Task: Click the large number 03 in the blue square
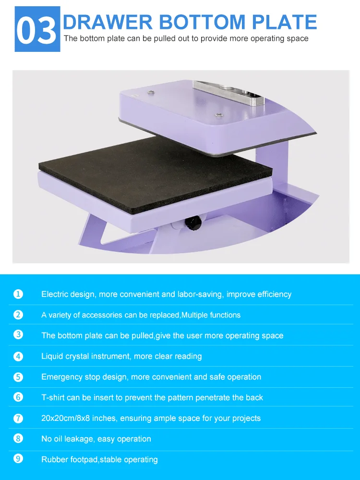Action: coord(37,29)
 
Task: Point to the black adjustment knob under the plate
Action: coord(193,223)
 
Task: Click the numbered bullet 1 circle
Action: coord(18,294)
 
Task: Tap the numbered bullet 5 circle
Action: coord(18,377)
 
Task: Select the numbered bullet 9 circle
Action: coord(18,459)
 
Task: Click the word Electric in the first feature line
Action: coord(54,294)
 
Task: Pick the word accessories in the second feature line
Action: coord(102,315)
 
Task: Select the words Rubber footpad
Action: coord(69,459)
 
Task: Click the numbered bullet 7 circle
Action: coord(18,418)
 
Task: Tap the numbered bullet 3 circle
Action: coord(18,335)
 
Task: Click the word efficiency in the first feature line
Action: coord(273,294)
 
